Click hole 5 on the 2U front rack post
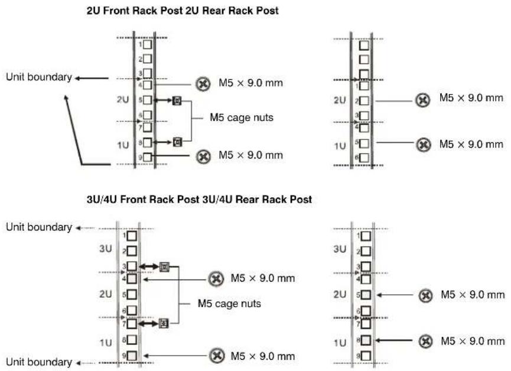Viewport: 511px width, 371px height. (148, 100)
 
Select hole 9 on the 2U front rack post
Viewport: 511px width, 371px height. (147, 157)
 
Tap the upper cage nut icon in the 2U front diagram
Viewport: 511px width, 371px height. (177, 100)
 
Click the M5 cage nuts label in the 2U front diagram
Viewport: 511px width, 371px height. (242, 118)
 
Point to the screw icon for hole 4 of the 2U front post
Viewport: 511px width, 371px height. (203, 84)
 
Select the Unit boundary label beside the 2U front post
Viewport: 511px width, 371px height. (39, 77)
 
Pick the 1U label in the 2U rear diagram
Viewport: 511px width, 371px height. (340, 146)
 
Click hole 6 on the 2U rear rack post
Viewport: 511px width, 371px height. (364, 158)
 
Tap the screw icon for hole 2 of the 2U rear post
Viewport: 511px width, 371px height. (423, 100)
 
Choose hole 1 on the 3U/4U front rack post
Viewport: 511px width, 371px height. (132, 235)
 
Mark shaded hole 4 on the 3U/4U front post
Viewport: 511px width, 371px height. (132, 279)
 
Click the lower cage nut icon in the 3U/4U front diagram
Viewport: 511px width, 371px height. (164, 324)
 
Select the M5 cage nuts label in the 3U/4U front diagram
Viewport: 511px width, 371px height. (229, 304)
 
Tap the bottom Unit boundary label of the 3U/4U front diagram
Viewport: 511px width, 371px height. (39, 362)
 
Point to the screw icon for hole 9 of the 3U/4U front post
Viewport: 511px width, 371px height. (217, 356)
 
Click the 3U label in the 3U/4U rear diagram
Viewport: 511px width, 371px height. (340, 249)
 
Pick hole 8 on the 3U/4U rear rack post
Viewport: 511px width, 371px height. (366, 340)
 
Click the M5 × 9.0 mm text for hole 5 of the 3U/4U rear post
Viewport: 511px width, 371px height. (473, 295)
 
